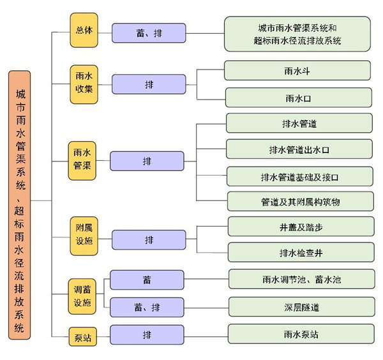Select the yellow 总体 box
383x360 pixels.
click(x=84, y=29)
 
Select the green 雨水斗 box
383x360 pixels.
click(x=298, y=70)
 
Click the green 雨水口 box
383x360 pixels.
click(x=298, y=98)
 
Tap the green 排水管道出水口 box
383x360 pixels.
click(x=299, y=149)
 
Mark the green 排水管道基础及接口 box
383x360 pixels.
click(x=299, y=176)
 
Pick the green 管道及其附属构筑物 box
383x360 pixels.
click(x=299, y=201)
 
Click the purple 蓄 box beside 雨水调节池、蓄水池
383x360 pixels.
click(x=147, y=280)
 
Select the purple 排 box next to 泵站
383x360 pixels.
click(x=147, y=334)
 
